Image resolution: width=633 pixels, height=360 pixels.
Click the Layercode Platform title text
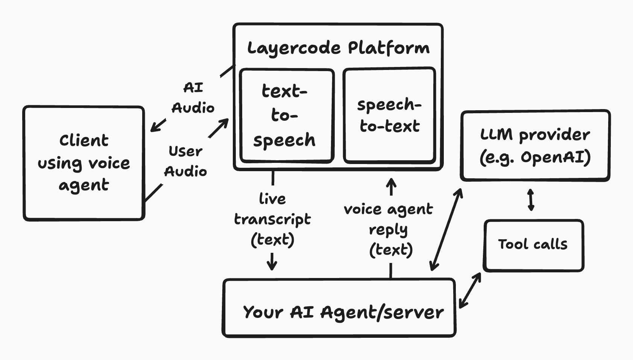pos(338,48)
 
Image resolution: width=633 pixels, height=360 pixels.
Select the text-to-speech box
pos(287,115)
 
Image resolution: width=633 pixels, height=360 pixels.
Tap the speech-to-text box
pos(389,115)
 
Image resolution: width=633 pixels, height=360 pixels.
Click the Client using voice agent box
pos(83,163)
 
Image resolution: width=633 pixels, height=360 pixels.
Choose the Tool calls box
pos(533,245)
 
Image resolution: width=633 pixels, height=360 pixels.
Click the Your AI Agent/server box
pos(339,307)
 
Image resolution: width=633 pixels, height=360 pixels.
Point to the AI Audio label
pos(193,98)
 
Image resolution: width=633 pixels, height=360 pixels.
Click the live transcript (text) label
pos(272,219)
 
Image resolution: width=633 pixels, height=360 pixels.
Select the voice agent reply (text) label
pos(389,229)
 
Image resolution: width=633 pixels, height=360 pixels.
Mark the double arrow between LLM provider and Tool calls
pos(531,200)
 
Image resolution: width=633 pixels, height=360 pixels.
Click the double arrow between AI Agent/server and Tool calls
pos(470,290)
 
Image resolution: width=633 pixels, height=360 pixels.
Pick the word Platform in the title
pos(389,48)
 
